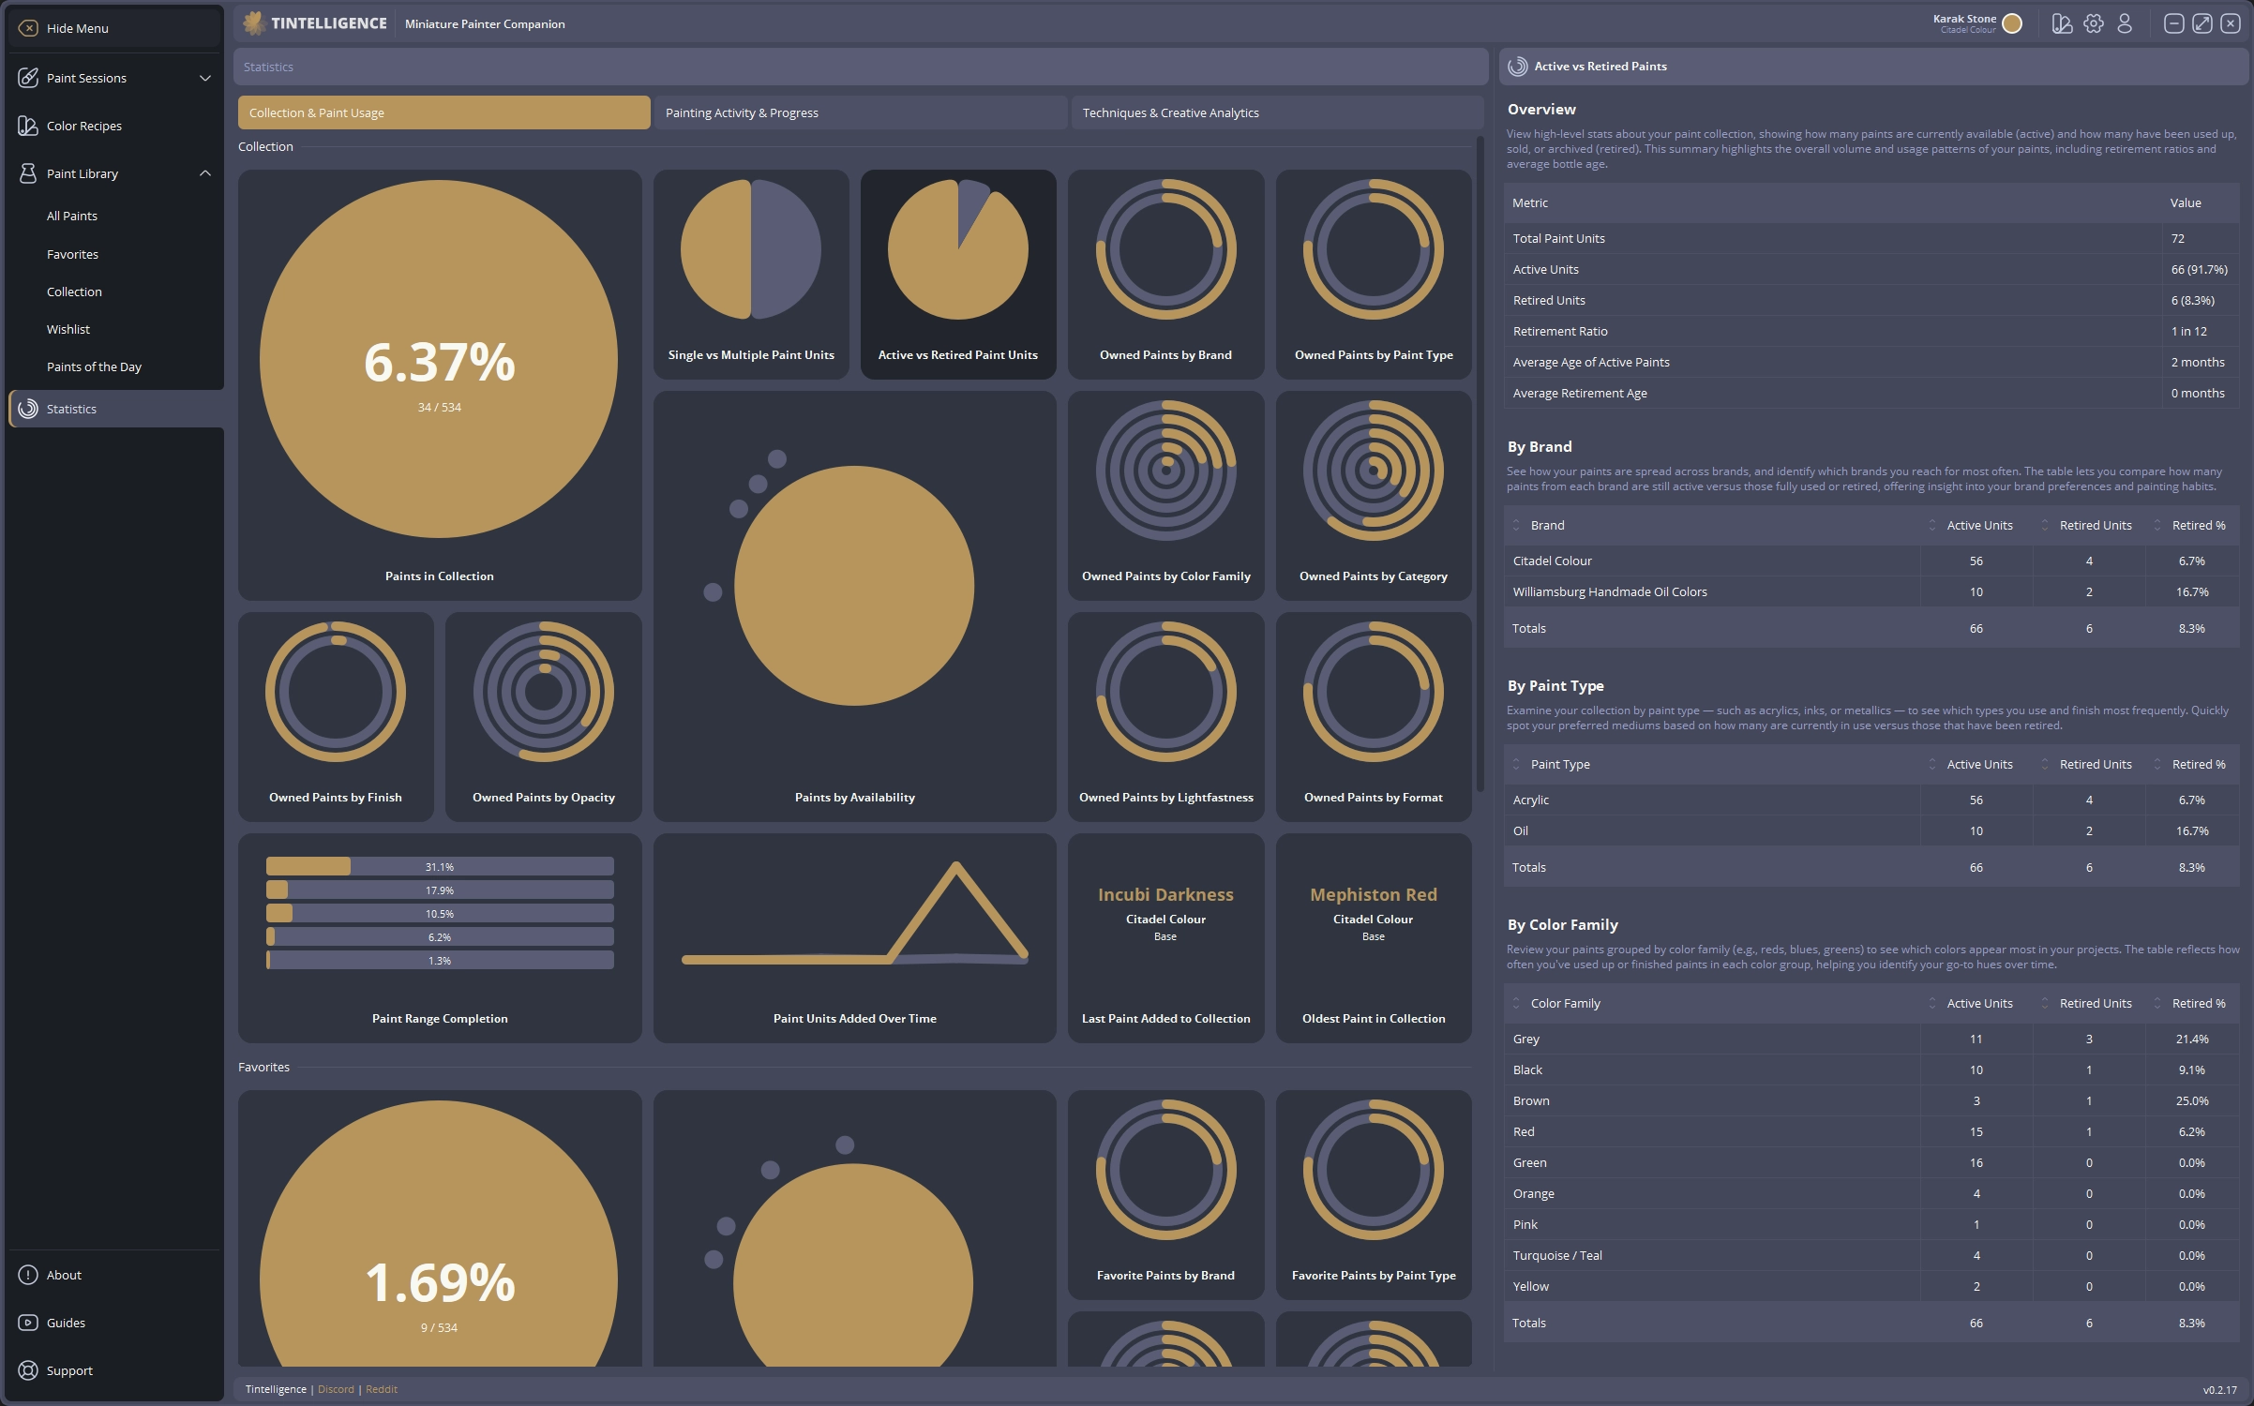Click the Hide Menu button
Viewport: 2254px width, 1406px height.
pos(77,28)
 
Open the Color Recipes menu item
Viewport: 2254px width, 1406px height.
pos(83,126)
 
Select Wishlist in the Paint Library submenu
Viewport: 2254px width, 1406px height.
pos(68,329)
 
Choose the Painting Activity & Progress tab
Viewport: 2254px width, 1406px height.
pos(742,112)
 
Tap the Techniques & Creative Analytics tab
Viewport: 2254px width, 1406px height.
pos(1170,112)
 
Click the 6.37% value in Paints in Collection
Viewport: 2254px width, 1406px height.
pos(439,362)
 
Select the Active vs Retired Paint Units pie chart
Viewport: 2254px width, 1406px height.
pos(957,250)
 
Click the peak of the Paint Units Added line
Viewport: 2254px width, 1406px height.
pos(955,866)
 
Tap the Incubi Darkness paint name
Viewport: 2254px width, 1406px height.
pos(1165,894)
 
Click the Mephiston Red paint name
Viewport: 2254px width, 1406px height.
pos(1373,894)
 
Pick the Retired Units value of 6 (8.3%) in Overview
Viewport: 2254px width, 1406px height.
pos(2192,300)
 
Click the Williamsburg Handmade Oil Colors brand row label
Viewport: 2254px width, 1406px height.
pos(1609,591)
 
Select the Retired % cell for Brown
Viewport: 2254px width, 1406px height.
pos(2191,1100)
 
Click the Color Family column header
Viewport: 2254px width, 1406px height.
pos(1565,1003)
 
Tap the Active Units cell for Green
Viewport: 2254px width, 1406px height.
pos(1976,1162)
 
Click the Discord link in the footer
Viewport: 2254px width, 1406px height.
pos(336,1389)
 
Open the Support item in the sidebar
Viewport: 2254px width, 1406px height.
pos(69,1370)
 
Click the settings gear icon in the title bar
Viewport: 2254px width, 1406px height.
pos(2093,23)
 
